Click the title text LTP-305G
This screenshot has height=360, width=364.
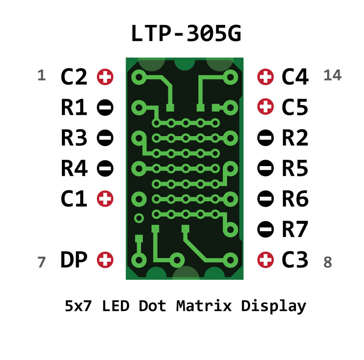point(186,35)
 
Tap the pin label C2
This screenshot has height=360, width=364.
point(73,77)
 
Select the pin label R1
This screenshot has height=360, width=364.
point(73,108)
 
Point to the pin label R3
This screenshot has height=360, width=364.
point(73,138)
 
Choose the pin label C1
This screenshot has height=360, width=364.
point(73,199)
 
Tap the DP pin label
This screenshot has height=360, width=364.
point(73,260)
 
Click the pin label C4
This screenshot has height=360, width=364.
point(295,77)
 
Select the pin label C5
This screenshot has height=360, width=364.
point(295,108)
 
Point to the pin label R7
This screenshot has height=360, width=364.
point(295,230)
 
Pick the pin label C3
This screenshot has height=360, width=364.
point(295,260)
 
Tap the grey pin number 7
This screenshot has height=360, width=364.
point(41,263)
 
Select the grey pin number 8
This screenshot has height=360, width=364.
point(328,263)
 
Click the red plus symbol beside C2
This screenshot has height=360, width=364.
point(105,77)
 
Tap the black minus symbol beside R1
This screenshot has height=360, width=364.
point(105,108)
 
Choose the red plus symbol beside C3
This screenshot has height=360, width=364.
point(266,260)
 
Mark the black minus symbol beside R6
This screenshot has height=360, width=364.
point(265,199)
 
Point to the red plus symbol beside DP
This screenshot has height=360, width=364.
point(105,260)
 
